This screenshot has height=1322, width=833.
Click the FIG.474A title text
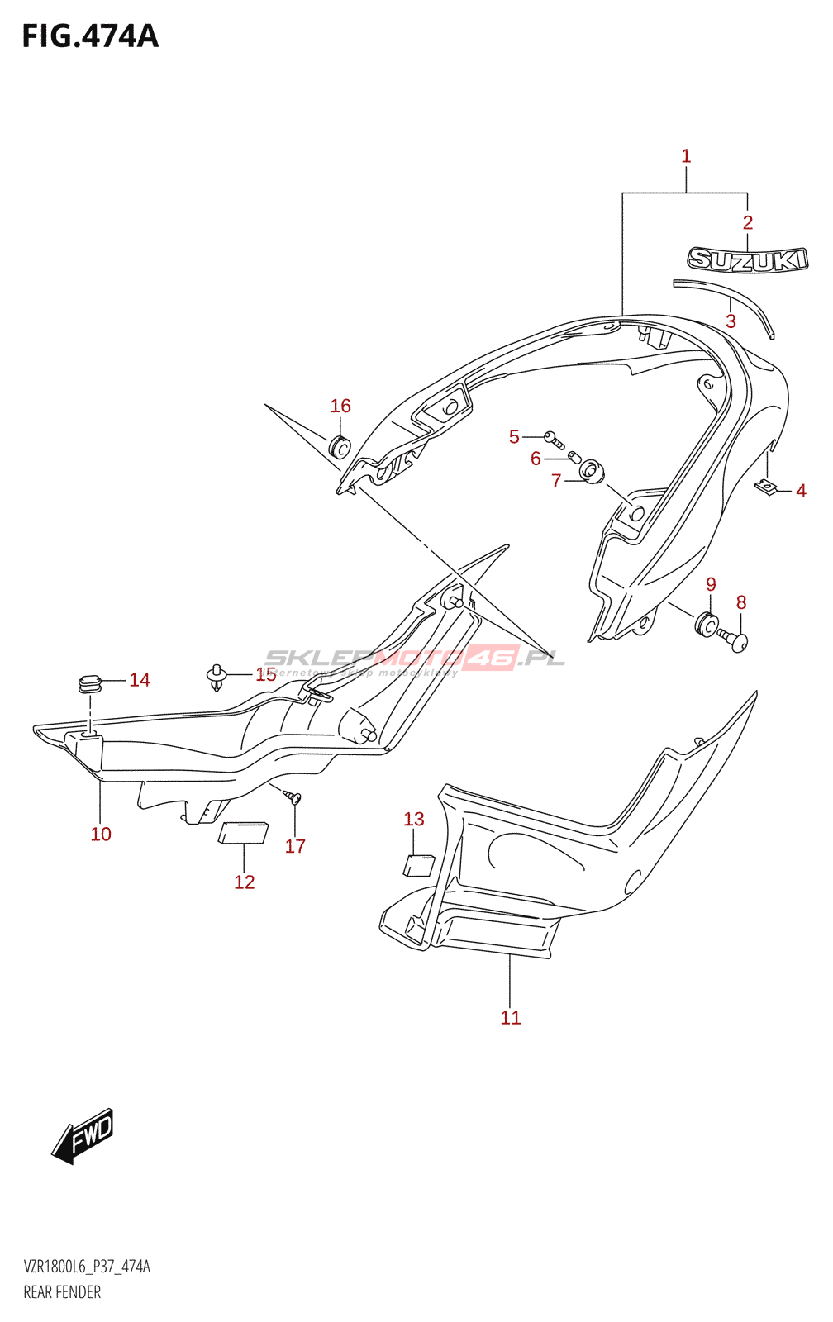point(90,37)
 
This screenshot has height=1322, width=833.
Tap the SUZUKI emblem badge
point(747,259)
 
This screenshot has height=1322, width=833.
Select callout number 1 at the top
point(686,156)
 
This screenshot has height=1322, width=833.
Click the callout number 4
point(801,491)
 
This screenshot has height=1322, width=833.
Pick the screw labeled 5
point(551,437)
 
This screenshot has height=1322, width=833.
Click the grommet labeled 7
point(592,473)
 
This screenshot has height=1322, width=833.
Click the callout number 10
point(101,835)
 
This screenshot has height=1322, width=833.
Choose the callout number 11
point(511,1018)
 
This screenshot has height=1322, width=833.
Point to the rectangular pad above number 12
point(243,832)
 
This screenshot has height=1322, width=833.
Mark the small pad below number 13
point(418,865)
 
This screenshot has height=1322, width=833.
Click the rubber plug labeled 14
point(89,683)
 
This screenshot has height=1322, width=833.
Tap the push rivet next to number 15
point(217,677)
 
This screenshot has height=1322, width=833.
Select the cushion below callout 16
point(340,446)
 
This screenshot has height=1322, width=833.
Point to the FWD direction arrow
point(83,1136)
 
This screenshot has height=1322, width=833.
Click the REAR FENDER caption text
point(62,1292)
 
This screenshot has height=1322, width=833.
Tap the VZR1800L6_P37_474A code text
point(87,1267)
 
